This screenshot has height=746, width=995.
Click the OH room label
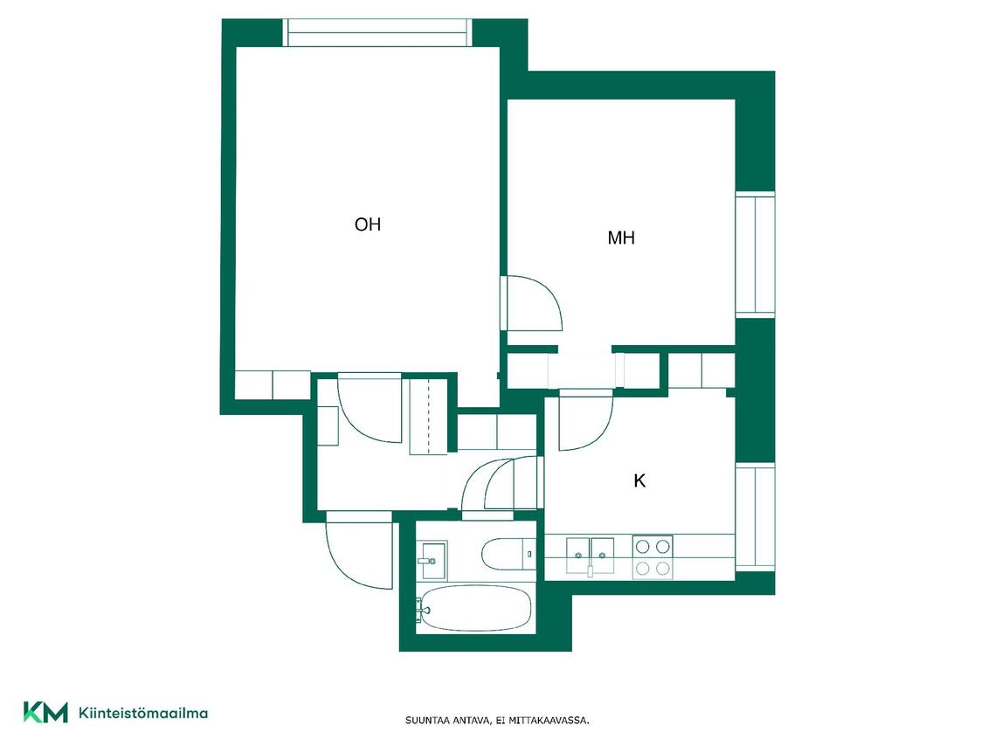368,224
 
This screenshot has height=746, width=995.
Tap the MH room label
621,238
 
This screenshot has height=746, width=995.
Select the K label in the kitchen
639,480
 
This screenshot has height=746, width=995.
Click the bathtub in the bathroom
475,608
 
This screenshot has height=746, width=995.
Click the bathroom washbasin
432,559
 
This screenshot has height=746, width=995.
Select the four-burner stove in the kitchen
653,557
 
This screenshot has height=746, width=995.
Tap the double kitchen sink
591,555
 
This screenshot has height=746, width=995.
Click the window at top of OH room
377,32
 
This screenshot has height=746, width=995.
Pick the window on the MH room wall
755,253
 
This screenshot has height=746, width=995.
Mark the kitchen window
755,517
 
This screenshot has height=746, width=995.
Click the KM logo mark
45,712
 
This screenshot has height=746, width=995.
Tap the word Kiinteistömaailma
143,713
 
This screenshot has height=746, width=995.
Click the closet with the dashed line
428,417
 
